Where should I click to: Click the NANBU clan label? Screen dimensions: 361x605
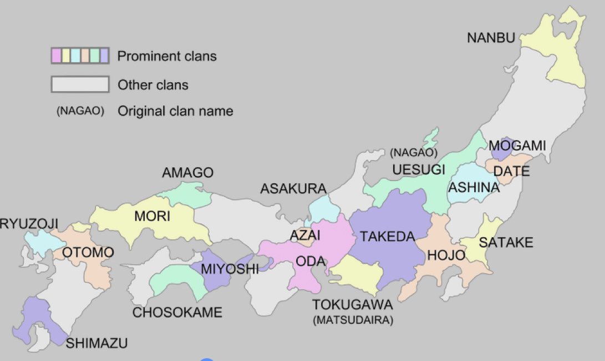(491, 38)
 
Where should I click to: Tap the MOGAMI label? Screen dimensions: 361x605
(517, 146)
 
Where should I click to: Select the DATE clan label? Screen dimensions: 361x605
(511, 171)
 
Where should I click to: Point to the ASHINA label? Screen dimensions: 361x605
(474, 187)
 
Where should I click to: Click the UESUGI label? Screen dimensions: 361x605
(419, 169)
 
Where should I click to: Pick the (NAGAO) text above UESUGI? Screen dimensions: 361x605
(414, 152)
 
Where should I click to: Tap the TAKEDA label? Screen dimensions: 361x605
(387, 237)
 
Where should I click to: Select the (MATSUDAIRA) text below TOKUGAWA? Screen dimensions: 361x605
(353, 320)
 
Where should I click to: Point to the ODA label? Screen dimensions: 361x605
(310, 261)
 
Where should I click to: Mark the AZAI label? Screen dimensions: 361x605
(305, 235)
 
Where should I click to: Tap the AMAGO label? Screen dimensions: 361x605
(187, 173)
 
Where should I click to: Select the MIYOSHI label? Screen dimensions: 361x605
(230, 269)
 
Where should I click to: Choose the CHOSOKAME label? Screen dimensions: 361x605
(177, 312)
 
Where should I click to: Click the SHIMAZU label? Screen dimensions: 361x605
(96, 343)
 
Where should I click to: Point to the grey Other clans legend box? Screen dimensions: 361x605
(80, 84)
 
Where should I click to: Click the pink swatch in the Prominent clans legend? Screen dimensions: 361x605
(56, 56)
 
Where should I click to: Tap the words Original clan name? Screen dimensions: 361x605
(175, 111)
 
